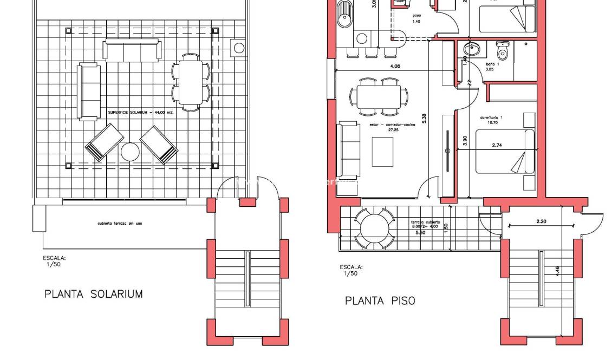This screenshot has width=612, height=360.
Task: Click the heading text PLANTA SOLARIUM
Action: coord(93,294)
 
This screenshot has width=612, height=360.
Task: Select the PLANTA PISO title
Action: coord(380,300)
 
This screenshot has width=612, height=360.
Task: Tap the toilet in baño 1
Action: coord(502,51)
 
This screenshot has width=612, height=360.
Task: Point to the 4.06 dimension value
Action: coord(395,67)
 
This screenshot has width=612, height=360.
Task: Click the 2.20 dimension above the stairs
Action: coord(541,221)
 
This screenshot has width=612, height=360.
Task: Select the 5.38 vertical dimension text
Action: coord(424,118)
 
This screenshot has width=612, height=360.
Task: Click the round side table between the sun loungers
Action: coord(130,152)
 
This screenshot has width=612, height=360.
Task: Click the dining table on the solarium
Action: coord(191,82)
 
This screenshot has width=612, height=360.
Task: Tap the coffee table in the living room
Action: coord(382,152)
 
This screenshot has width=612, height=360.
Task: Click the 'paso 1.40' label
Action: coord(416,18)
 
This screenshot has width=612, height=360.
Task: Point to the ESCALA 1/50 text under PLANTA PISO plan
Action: coord(351,270)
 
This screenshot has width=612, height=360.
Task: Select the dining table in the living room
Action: coord(379,96)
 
